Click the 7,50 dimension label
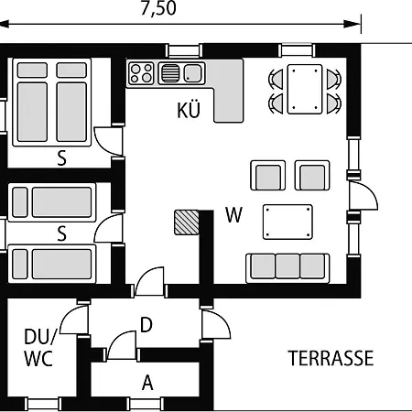(158, 8)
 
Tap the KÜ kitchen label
(189, 110)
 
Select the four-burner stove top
(141, 73)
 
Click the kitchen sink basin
(192, 73)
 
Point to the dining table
(305, 89)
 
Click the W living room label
(233, 215)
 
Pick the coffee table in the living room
(287, 222)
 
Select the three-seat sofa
(287, 268)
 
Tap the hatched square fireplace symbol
(187, 222)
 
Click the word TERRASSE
(331, 358)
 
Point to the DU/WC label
(39, 348)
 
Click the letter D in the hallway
(146, 325)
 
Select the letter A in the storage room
(147, 383)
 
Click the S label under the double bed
(61, 158)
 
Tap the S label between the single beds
(61, 233)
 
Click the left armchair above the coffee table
(268, 175)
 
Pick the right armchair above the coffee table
(312, 175)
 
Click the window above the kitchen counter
(184, 50)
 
